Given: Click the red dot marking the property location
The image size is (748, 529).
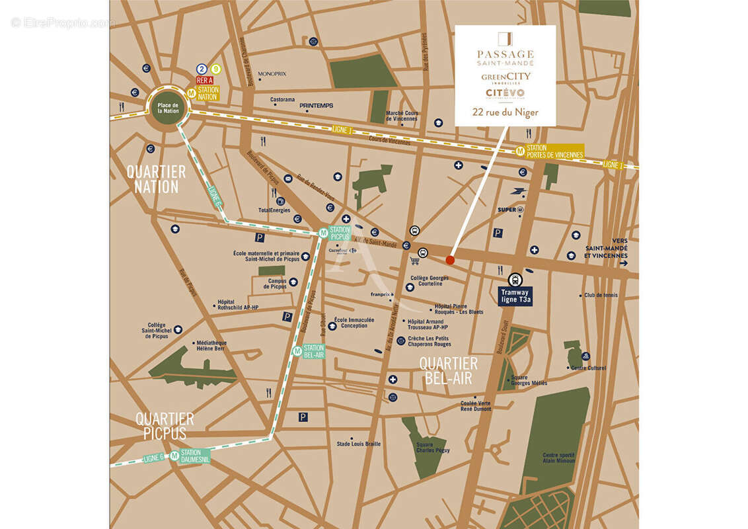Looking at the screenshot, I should [450, 260].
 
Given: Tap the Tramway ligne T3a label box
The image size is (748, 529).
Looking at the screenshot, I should [515, 296].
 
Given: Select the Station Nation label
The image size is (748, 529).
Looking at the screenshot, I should [207, 93].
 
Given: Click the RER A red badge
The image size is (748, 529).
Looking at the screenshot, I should [204, 80].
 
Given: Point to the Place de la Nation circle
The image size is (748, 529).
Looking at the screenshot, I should [168, 107].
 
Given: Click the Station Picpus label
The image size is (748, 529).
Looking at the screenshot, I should [339, 233].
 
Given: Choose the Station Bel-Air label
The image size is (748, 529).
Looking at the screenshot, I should [313, 351].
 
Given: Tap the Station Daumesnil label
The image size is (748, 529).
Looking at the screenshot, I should [195, 456].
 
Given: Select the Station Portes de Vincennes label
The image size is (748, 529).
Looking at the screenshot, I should [554, 151].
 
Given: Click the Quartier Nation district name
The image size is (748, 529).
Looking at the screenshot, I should [156, 179].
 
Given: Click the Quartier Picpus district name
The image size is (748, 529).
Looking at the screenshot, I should [165, 426].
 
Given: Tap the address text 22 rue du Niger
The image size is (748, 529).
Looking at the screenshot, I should [505, 112].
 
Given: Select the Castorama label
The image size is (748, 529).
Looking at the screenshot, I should [283, 100].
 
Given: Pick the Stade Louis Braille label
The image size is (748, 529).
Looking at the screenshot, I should [359, 444].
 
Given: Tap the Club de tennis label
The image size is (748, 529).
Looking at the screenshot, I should [601, 295].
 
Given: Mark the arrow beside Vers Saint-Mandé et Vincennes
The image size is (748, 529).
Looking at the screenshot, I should [624, 263].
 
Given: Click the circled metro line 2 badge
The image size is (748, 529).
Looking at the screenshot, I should [201, 69].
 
